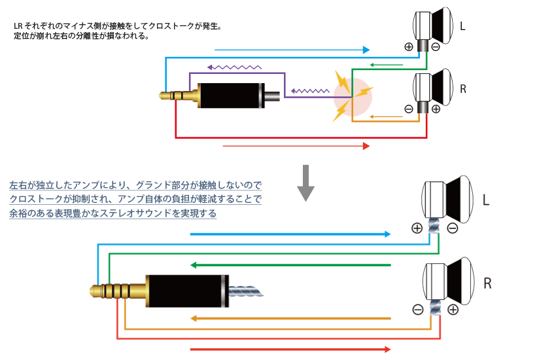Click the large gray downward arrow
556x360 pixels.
pos(305,184)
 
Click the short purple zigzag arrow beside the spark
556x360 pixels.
pos(311,91)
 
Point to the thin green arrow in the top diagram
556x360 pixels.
pos(385,64)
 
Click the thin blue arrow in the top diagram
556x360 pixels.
pos(292,50)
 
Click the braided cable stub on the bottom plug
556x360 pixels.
pos(247,290)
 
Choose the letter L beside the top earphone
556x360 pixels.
pos(463,27)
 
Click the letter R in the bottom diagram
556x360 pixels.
pos(487,283)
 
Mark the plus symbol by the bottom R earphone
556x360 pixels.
pos(453,308)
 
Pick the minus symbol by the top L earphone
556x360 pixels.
pos(436,46)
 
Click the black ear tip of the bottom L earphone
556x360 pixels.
pos(460,197)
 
